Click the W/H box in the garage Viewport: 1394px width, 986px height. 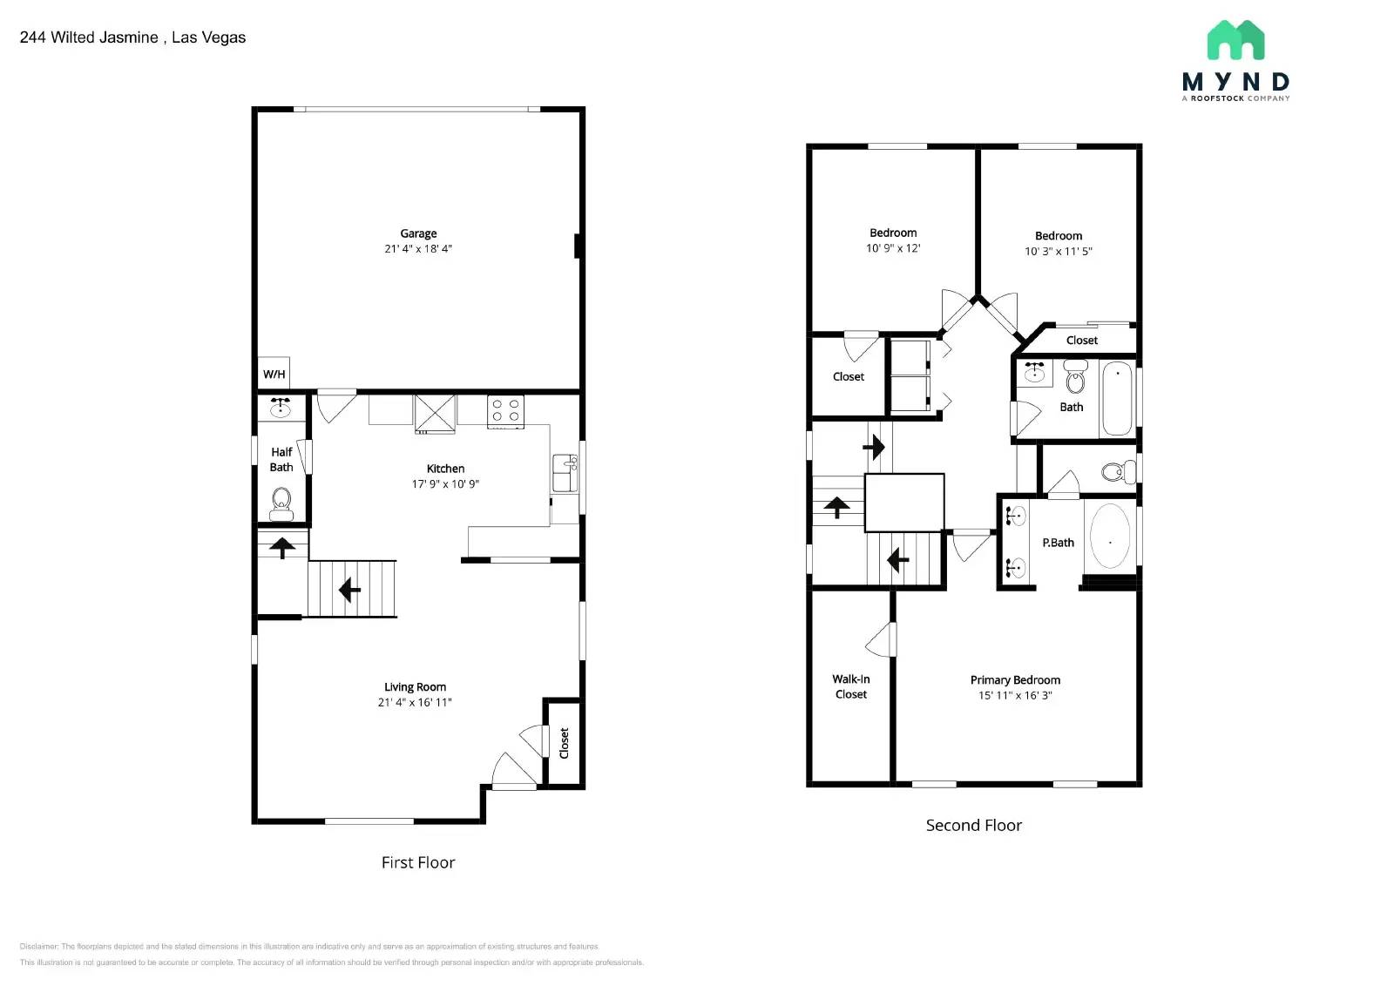pos(274,374)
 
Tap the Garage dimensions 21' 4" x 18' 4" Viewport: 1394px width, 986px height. pos(418,249)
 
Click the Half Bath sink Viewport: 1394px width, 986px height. pos(281,408)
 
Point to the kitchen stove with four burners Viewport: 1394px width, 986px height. pos(505,410)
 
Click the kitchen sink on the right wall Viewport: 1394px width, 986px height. pos(565,473)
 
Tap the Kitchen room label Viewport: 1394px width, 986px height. pos(445,469)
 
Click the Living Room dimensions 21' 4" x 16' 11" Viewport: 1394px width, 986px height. pos(415,702)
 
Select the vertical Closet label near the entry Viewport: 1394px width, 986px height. pos(564,743)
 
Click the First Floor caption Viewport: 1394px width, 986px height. pos(418,862)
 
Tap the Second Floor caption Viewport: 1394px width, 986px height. pos(973,825)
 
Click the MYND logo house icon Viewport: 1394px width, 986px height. pos(1235,41)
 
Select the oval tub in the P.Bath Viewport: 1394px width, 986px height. pos(1110,537)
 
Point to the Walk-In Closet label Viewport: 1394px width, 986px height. pos(851,686)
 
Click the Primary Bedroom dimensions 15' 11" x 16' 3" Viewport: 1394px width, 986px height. pos(1015,695)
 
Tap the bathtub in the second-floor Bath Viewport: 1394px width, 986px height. pos(1117,398)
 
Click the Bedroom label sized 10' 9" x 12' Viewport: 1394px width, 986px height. pos(893,233)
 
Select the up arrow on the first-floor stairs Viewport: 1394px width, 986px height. pos(281,548)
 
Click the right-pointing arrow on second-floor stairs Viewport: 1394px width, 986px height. pos(874,448)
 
